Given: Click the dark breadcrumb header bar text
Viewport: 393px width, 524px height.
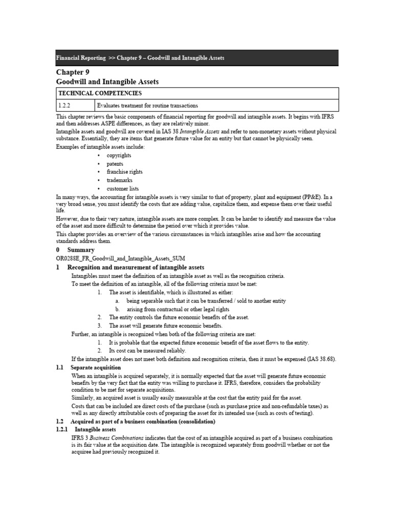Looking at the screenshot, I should pyautogui.click(x=140, y=58).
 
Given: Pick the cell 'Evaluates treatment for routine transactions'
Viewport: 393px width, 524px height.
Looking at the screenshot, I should pyautogui.click(x=147, y=105).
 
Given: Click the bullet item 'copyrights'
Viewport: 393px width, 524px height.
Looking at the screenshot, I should pyautogui.click(x=119, y=156).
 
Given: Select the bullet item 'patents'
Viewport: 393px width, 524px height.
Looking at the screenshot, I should pyautogui.click(x=115, y=164).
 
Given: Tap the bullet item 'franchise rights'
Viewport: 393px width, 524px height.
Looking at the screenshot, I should pyautogui.click(x=124, y=172).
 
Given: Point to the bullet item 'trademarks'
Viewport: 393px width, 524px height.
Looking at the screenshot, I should pyautogui.click(x=119, y=180).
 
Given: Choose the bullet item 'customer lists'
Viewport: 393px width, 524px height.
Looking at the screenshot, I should pyautogui.click(x=122, y=189).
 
